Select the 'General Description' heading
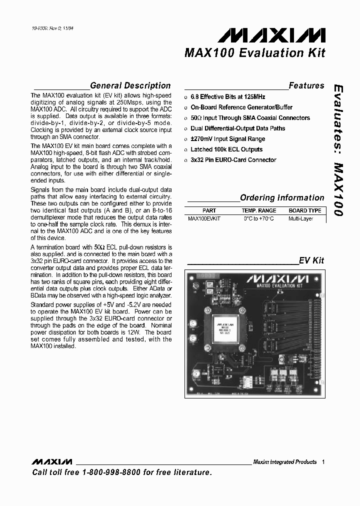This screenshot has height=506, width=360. click(x=130, y=85)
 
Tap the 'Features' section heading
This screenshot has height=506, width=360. click(x=306, y=85)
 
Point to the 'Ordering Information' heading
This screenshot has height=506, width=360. click(x=282, y=197)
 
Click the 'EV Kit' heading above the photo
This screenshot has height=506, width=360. click(x=311, y=260)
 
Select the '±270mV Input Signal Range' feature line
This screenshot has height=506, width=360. click(x=227, y=139)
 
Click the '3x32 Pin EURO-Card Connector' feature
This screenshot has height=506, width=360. click(x=233, y=160)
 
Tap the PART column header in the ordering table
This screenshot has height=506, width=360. click(x=209, y=211)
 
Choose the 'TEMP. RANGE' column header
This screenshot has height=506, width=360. click(x=258, y=211)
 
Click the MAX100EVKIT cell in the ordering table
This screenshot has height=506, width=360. click(x=204, y=219)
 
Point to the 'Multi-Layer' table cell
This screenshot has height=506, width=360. click(x=300, y=219)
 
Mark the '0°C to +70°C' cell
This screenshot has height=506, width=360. click(x=258, y=219)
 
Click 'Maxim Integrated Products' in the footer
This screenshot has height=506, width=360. click(x=284, y=462)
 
